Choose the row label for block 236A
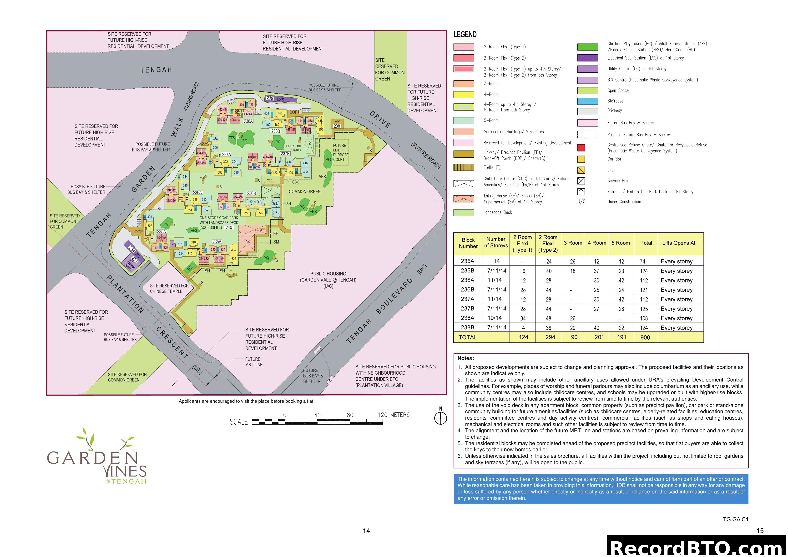(x=467, y=280)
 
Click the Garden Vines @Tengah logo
(x=97, y=457)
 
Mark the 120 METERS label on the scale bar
(x=394, y=415)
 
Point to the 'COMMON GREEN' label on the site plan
(x=304, y=191)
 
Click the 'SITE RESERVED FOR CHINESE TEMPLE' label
(x=169, y=288)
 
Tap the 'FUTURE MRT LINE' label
(x=254, y=362)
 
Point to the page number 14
(x=366, y=531)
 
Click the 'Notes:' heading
(x=465, y=358)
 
